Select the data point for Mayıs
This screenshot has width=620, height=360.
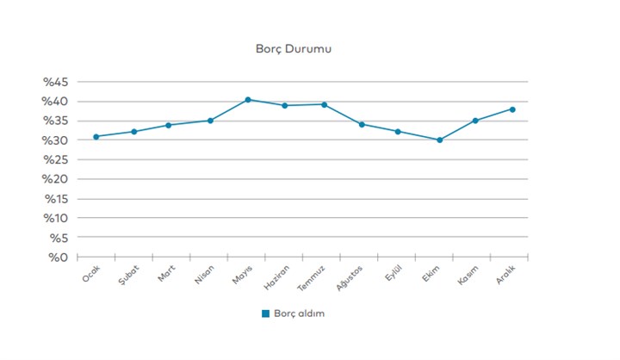click(248, 100)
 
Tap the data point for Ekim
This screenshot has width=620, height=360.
click(439, 140)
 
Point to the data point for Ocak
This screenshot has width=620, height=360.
click(96, 136)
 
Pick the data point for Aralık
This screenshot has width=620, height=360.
click(512, 109)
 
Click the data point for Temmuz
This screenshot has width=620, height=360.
click(325, 104)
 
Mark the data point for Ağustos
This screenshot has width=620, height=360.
click(362, 124)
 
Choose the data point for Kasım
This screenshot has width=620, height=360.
click(475, 121)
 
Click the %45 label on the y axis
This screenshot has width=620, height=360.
click(56, 83)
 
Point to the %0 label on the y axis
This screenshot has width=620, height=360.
click(60, 258)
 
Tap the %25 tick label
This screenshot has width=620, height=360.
click(56, 160)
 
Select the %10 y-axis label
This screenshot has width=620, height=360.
click(56, 219)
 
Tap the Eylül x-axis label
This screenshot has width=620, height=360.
click(394, 271)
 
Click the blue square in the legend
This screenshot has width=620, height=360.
click(266, 313)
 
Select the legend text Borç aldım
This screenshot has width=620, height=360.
click(299, 313)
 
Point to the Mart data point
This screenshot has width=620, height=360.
click(169, 125)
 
